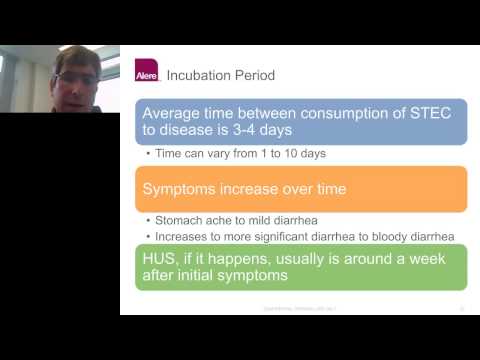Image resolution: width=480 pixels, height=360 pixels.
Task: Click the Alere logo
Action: (x=146, y=72)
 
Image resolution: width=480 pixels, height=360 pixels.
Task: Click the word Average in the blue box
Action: (x=176, y=113)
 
